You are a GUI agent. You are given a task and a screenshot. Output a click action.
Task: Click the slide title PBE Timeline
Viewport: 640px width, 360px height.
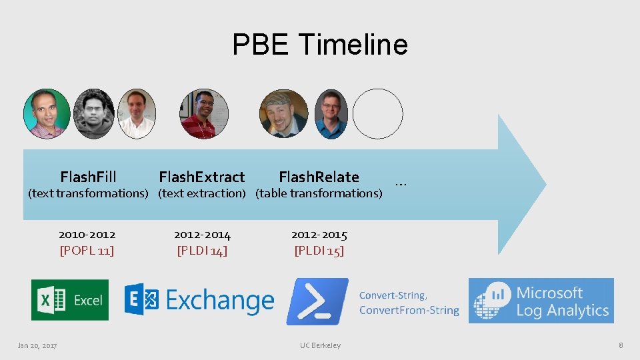320,45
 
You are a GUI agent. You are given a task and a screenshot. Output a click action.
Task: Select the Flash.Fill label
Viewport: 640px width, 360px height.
88,177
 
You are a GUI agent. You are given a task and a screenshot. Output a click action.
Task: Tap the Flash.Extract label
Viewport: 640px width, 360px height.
201,177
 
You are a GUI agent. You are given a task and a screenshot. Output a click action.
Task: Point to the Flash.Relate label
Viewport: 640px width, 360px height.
319,177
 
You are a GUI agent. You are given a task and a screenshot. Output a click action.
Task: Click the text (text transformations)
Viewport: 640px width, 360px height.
87,193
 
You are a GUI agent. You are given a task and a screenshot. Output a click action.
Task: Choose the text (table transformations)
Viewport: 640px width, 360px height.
319,193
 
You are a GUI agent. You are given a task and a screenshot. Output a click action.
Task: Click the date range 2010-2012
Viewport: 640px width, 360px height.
87,235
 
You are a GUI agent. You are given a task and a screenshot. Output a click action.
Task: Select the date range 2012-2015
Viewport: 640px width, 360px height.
319,235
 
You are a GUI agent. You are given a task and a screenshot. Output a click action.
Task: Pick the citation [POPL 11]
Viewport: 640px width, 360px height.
87,251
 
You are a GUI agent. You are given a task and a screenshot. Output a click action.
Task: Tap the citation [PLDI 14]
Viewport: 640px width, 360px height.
202,251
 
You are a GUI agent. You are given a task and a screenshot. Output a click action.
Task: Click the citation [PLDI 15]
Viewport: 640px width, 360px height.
319,251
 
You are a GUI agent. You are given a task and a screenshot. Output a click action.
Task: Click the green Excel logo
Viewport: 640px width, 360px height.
70,300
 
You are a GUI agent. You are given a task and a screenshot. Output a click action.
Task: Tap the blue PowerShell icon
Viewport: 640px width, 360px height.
317,301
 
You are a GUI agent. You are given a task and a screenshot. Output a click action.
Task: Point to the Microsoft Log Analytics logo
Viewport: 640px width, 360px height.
541,301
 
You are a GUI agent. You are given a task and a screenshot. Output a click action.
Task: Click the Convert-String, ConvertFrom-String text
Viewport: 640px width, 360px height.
409,303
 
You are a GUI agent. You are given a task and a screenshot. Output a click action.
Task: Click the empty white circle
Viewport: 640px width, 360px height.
378,114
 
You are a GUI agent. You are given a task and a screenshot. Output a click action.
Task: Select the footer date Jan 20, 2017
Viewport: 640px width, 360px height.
37,345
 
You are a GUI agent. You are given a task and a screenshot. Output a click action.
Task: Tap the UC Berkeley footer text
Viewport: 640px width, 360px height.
320,345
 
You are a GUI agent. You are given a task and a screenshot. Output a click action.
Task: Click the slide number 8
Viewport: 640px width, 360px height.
621,345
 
